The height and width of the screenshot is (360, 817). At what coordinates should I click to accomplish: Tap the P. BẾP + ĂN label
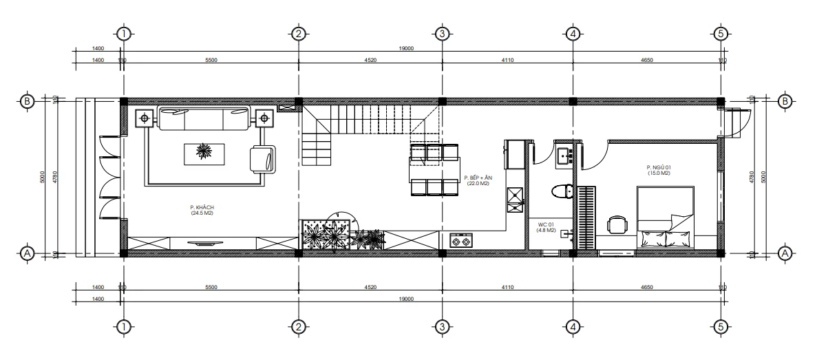[x=477, y=180]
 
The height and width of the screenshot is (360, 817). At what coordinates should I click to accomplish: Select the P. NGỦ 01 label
[x=658, y=170]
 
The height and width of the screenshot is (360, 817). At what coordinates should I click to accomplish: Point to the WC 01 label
[x=547, y=226]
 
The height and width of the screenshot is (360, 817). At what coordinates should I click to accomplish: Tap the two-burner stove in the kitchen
[x=460, y=240]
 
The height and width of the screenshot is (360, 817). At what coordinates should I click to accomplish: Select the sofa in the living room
[x=203, y=118]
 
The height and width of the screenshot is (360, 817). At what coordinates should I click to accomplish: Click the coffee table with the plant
[x=204, y=153]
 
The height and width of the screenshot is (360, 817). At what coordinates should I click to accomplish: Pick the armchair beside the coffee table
[x=262, y=159]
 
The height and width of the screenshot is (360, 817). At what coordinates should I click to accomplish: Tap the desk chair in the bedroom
[x=617, y=224]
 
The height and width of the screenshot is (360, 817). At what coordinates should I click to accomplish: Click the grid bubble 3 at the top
[x=443, y=32]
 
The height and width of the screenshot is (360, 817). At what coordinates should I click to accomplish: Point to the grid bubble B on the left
[x=28, y=101]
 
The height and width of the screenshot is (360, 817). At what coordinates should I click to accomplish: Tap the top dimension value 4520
[x=370, y=61]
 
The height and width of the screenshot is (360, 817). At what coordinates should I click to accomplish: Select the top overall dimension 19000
[x=406, y=48]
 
